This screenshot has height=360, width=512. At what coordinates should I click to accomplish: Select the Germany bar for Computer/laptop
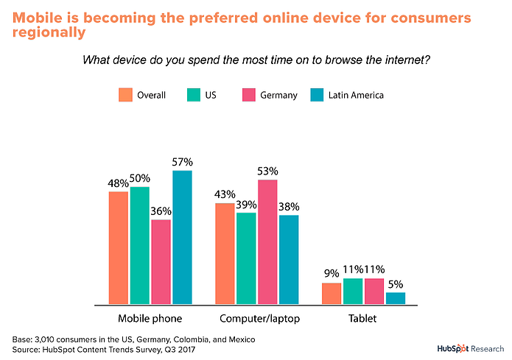[267, 241]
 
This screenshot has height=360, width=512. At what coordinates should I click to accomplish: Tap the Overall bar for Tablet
[332, 293]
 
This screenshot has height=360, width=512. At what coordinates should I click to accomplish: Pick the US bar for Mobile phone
[140, 245]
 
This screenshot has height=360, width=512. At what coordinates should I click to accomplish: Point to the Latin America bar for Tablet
[395, 298]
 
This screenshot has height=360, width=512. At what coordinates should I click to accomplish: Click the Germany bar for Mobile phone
[161, 261]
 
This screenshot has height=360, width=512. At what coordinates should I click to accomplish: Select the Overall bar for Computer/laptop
[225, 253]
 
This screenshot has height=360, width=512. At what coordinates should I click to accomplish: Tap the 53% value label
[268, 172]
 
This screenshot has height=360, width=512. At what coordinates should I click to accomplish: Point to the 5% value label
[396, 284]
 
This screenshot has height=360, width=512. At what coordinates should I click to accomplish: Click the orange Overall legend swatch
[125, 95]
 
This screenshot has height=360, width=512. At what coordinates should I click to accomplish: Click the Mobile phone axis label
[150, 319]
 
